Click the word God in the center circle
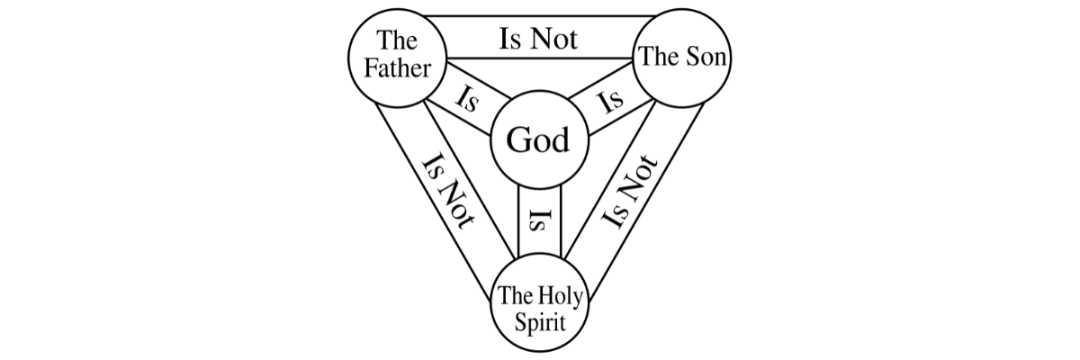click(538, 141)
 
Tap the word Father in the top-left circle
click(397, 67)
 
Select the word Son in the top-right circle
click(707, 58)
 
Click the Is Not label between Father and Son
click(538, 39)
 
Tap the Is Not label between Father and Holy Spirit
click(447, 192)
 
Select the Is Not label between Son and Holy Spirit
click(631, 192)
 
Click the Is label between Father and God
click(468, 100)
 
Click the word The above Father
click(397, 40)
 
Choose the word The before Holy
click(517, 295)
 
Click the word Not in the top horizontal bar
click(554, 39)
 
